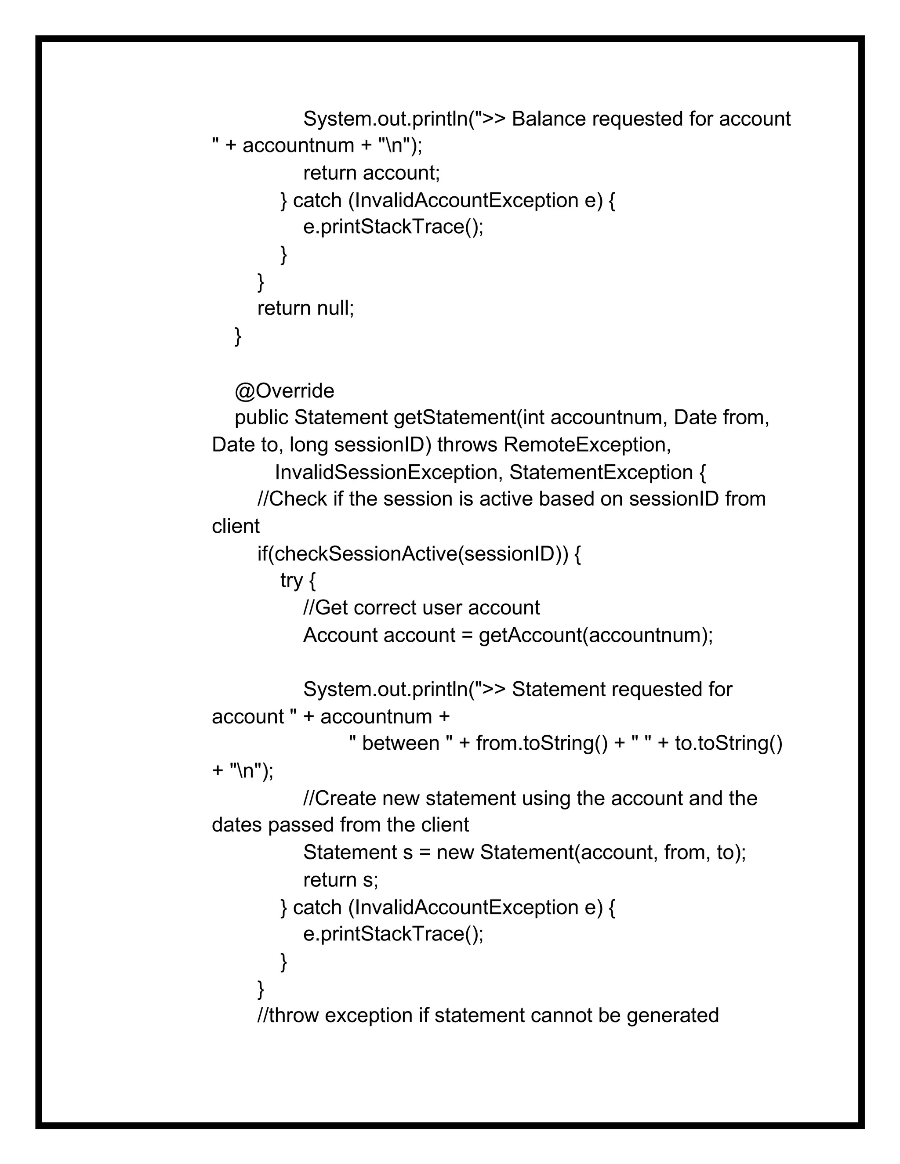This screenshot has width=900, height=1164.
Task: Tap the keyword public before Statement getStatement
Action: coord(261,418)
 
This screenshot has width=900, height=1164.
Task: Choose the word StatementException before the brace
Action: coord(601,473)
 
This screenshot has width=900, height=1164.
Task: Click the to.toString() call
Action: coord(728,744)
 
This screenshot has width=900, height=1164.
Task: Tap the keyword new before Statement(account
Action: coord(455,853)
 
